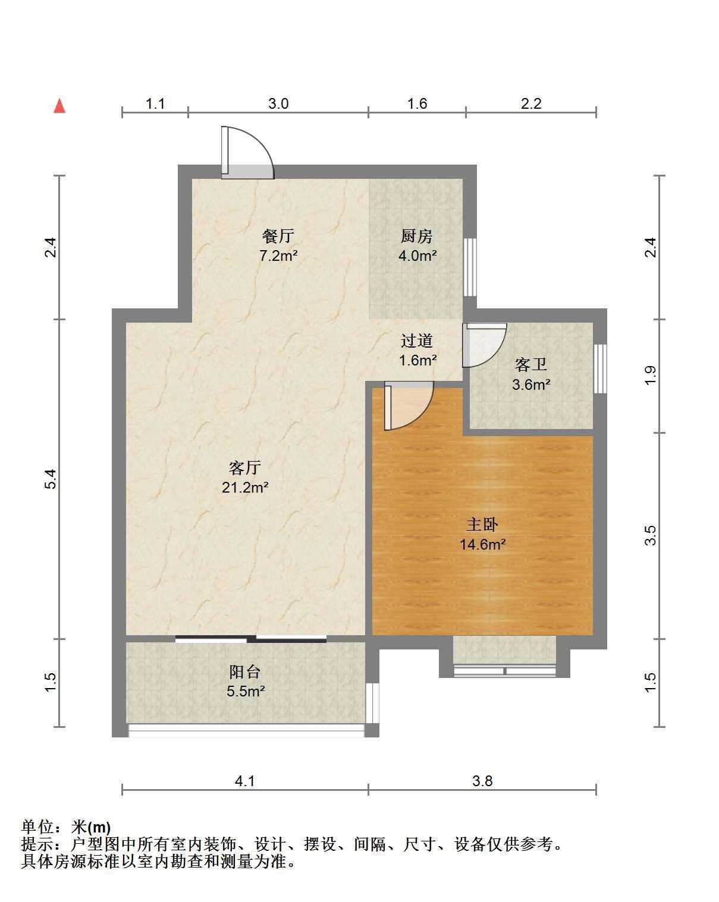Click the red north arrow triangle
pyautogui.click(x=59, y=106)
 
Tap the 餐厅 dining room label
pyautogui.click(x=278, y=235)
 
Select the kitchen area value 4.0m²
pyautogui.click(x=417, y=256)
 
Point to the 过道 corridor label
pyautogui.click(x=416, y=340)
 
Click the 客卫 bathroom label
pyautogui.click(x=530, y=364)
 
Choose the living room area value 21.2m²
pyautogui.click(x=245, y=487)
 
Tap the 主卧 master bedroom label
pyautogui.click(x=482, y=524)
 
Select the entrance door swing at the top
pyautogui.click(x=247, y=153)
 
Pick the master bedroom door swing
pyautogui.click(x=409, y=406)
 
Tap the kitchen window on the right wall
pyautogui.click(x=470, y=267)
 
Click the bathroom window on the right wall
pyautogui.click(x=600, y=369)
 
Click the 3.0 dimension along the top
pyautogui.click(x=278, y=103)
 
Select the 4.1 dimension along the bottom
pyautogui.click(x=244, y=781)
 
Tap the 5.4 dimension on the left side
pyautogui.click(x=51, y=479)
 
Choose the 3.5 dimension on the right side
pyautogui.click(x=650, y=535)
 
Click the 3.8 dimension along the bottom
pyautogui.click(x=482, y=781)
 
